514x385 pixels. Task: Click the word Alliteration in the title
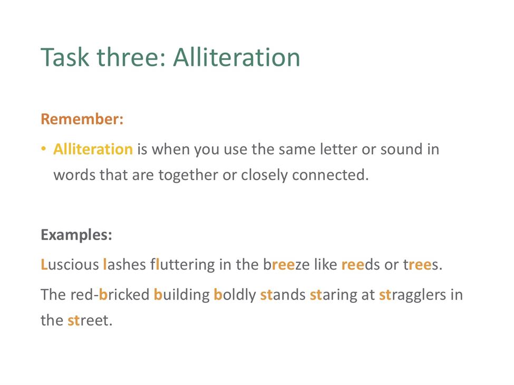[236, 57]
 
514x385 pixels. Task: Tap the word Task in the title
[65, 57]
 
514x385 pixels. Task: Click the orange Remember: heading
[82, 119]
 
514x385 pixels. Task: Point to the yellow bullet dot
[43, 149]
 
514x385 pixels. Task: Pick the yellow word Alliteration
[93, 149]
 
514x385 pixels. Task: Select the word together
[188, 175]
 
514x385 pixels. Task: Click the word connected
[330, 175]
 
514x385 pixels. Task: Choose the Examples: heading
[76, 235]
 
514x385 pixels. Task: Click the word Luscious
[70, 264]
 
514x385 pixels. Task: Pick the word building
[181, 294]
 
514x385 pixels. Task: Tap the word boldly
[235, 294]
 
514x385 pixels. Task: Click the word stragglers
[412, 294]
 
